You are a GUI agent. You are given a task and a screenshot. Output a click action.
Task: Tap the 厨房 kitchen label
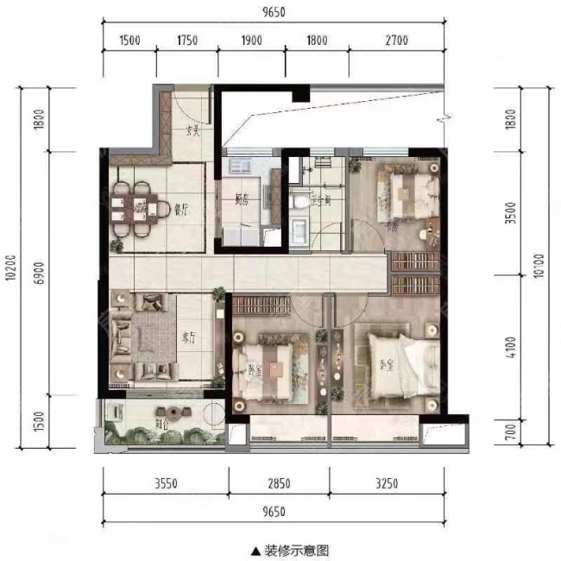pos(242,199)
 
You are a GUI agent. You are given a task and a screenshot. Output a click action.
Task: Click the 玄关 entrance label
pos(193,132)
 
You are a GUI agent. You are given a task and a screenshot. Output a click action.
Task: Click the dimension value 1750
pos(187,40)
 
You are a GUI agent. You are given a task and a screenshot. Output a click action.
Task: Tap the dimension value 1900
pos(251,40)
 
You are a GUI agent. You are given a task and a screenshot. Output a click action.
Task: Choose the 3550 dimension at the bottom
pos(165,483)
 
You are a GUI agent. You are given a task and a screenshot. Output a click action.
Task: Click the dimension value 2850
pos(278,483)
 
